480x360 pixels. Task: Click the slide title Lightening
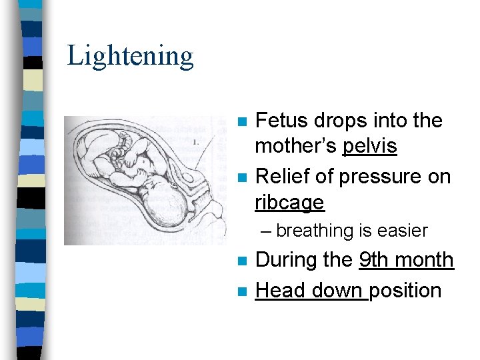130,55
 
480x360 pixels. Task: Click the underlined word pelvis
370,147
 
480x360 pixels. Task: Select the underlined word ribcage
289,202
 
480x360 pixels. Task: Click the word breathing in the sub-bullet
315,231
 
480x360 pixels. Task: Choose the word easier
402,231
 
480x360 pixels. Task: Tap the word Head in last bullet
276,291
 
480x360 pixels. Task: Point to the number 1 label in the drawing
195,142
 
